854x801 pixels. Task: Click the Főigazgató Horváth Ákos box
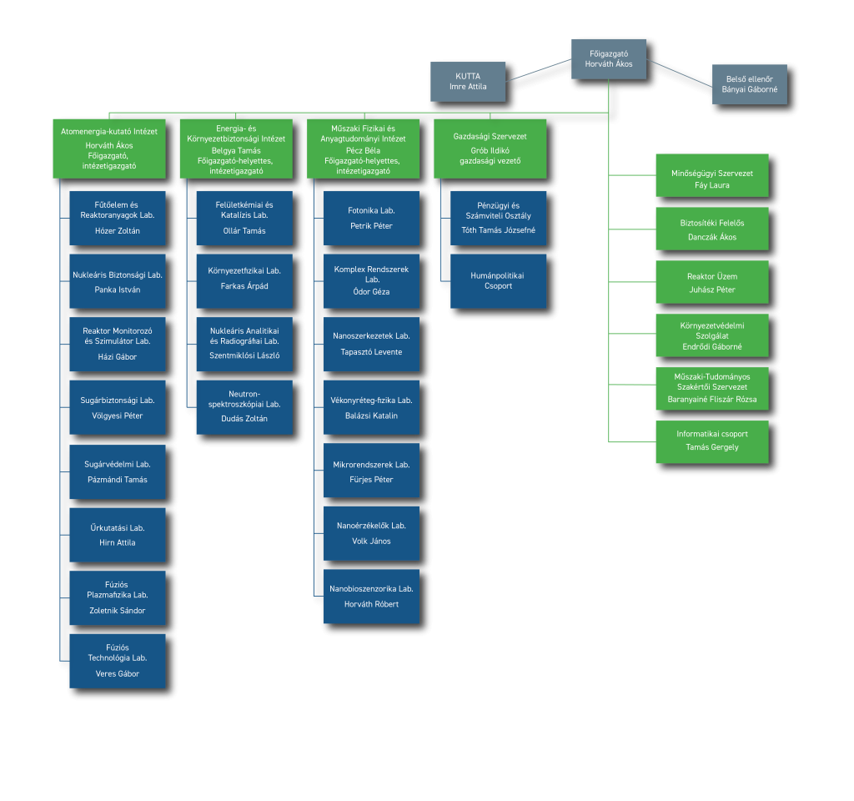[x=608, y=59]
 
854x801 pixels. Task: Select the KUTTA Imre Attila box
[x=468, y=81]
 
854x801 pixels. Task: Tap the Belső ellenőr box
[x=750, y=84]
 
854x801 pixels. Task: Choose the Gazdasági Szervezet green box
[x=490, y=149]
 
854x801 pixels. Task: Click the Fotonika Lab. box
[x=371, y=218]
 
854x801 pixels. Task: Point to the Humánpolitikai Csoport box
[x=499, y=281]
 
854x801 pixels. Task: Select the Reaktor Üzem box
[x=712, y=282]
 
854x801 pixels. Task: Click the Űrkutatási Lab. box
[x=118, y=535]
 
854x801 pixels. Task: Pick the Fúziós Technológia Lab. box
[x=118, y=661]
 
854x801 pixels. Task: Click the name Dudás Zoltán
[x=244, y=419]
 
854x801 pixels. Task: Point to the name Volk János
[x=371, y=541]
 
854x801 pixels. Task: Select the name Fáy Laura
[x=712, y=185]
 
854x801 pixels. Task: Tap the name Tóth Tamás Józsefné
[x=499, y=230]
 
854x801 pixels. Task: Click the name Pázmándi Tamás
[x=118, y=480]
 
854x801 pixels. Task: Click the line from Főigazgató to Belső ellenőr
[x=679, y=73]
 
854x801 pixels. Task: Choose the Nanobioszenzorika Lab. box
[x=371, y=597]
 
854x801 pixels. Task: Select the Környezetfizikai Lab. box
[x=244, y=281]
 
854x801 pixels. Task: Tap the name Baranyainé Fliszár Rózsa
[x=712, y=400]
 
